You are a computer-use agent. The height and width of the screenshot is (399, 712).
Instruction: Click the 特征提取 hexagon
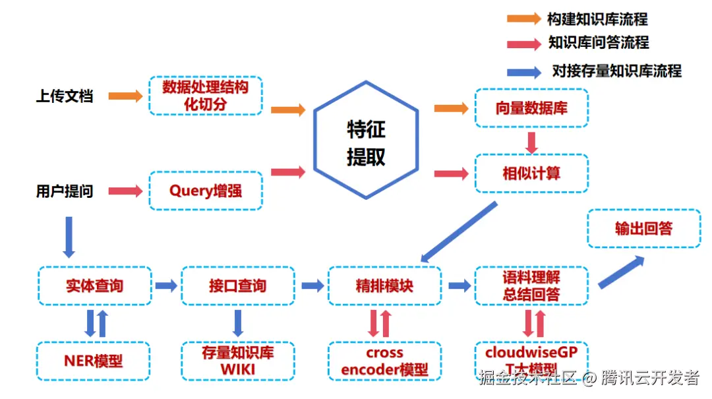coord(366,140)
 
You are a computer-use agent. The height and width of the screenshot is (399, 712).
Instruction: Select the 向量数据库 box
coord(531,108)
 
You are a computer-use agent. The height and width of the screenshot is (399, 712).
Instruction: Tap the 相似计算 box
coord(531,173)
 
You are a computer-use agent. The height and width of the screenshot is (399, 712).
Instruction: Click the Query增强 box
coord(206,191)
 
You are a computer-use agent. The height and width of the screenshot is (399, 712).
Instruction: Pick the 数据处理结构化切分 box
coord(206,96)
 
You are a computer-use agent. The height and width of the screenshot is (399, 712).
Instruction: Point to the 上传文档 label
coord(65,96)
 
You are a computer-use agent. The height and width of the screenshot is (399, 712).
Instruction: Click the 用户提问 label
coord(65,191)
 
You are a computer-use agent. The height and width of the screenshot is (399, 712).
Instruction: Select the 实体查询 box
coord(95,286)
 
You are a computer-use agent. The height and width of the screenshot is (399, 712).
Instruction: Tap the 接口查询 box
coord(238,286)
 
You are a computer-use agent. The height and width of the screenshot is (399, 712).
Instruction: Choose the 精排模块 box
coord(384,286)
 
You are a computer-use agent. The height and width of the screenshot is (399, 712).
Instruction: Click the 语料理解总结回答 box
coord(531,286)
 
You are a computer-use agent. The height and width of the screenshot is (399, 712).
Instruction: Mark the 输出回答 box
coord(643,228)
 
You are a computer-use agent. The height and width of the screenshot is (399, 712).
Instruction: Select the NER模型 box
coord(94,360)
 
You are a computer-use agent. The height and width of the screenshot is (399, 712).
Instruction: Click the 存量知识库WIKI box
coord(238,360)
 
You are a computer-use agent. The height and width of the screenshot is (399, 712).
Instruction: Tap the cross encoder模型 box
coord(384,360)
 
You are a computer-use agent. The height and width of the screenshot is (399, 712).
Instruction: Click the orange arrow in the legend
coord(523,18)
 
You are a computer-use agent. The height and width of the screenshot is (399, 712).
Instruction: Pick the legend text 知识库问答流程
coord(599,43)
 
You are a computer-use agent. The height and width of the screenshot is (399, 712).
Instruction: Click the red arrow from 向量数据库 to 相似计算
coord(531,141)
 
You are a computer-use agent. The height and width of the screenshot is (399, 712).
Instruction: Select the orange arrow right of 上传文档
coord(125,96)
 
